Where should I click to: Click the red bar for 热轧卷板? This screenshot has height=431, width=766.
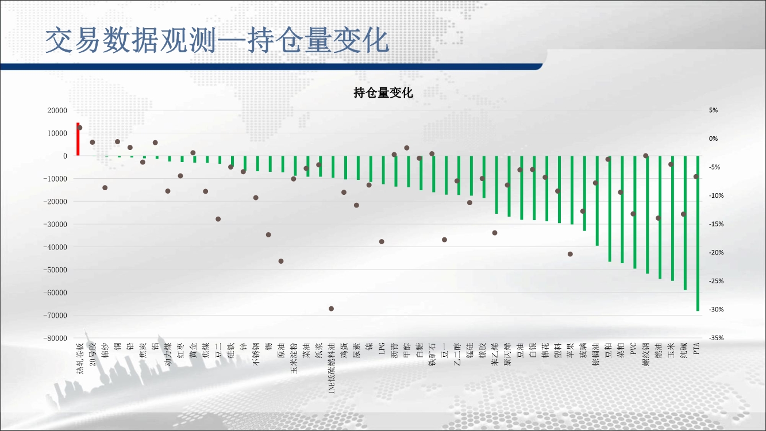click(78, 139)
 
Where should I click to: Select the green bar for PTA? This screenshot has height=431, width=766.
click(698, 233)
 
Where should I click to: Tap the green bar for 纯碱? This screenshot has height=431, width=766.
click(686, 223)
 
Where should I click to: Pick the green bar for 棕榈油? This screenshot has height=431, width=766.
click(597, 201)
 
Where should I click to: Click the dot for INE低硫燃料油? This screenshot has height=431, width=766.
click(331, 309)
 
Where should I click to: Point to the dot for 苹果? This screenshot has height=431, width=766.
click(570, 254)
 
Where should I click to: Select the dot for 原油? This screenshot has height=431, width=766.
click(281, 261)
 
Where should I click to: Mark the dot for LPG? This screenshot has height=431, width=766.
click(382, 242)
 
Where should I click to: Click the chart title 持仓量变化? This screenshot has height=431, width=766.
click(383, 93)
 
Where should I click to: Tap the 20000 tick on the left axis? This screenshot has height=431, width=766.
click(57, 110)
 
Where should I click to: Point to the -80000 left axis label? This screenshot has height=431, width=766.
click(55, 338)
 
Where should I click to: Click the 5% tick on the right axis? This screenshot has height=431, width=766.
click(713, 110)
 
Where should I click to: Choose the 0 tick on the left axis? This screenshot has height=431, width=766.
click(65, 156)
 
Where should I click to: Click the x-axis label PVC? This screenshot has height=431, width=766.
click(634, 349)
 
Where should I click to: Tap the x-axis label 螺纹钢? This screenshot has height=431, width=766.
click(646, 355)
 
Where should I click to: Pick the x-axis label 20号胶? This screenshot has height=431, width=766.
click(93, 355)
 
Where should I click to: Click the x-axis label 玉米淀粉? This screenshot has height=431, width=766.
click(294, 358)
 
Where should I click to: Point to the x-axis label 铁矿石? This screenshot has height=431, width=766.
click(432, 355)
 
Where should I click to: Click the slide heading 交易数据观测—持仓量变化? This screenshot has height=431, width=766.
click(217, 41)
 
